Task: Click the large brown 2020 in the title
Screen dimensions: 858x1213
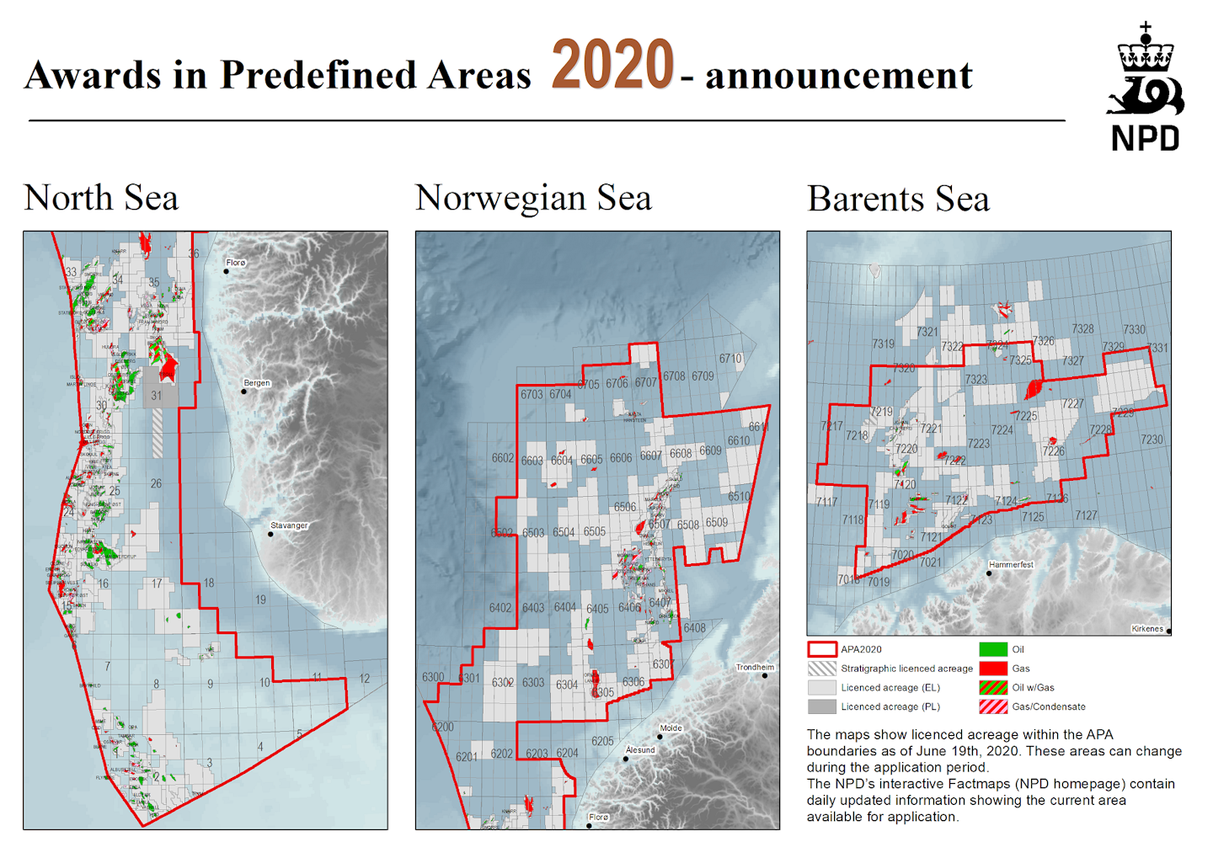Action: (x=612, y=66)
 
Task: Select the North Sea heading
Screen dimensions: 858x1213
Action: (x=101, y=199)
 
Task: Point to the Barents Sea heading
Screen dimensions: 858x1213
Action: (x=898, y=200)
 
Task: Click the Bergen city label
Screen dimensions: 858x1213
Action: (x=257, y=383)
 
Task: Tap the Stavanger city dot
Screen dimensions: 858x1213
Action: (x=270, y=534)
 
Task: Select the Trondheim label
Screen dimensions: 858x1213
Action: (x=755, y=667)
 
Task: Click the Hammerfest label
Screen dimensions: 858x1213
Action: (x=1011, y=565)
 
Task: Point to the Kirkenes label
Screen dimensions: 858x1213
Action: (x=1146, y=629)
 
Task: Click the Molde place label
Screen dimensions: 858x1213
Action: (x=671, y=728)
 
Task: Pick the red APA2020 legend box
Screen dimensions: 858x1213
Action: (x=821, y=649)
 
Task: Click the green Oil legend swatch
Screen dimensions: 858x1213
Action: (x=993, y=649)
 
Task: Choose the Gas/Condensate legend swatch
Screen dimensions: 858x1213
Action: (x=993, y=706)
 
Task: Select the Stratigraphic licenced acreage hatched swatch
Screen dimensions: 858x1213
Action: (x=821, y=669)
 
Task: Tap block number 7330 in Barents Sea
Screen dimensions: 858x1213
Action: (x=1134, y=330)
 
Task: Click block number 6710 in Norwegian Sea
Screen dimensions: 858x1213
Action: (x=730, y=359)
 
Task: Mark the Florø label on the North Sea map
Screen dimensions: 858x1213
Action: (x=236, y=263)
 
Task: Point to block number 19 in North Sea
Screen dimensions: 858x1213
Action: (x=260, y=600)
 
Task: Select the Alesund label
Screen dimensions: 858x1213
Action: (x=640, y=749)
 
